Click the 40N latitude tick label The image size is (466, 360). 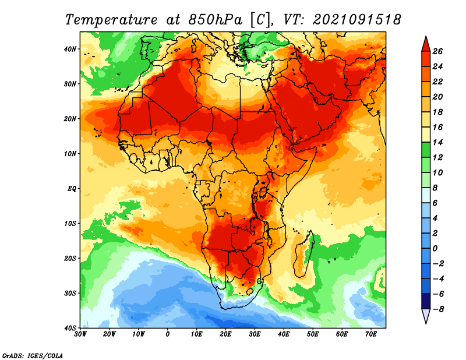[x=70, y=49]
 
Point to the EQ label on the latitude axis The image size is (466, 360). [x=72, y=189]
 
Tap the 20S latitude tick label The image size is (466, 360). [x=70, y=258]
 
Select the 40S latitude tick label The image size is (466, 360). [x=70, y=328]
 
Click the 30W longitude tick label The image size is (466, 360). [x=80, y=334]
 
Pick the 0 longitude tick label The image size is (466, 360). [x=168, y=334]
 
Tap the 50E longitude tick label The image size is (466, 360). [x=313, y=334]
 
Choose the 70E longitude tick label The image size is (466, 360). [x=371, y=334]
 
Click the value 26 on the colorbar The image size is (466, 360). [x=438, y=51]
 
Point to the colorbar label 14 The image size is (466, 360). [x=438, y=142]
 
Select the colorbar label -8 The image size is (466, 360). [x=438, y=309]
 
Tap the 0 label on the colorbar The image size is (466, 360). [x=435, y=249]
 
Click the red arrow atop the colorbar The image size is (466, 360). [x=426, y=44]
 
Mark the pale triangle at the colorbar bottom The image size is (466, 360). [x=426, y=316]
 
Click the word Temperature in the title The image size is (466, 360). [x=111, y=20]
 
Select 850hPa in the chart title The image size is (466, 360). [x=215, y=20]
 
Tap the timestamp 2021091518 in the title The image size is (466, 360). [x=357, y=20]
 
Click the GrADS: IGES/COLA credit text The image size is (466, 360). [x=33, y=356]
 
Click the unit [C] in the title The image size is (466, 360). [x=260, y=20]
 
